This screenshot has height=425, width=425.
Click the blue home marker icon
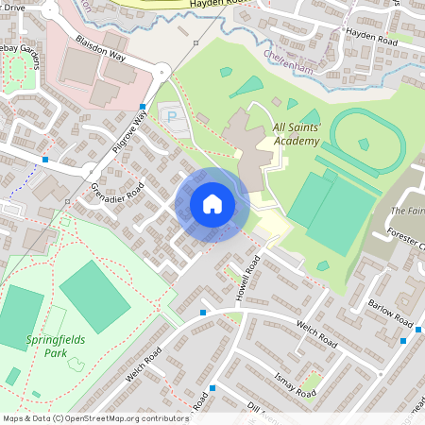click(212, 204)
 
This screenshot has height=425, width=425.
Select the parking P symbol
click(171, 116)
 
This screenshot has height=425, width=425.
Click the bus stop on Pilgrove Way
click(143, 107)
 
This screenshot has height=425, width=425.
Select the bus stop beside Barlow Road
click(403, 341)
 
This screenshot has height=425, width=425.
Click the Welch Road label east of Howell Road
click(316, 332)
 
